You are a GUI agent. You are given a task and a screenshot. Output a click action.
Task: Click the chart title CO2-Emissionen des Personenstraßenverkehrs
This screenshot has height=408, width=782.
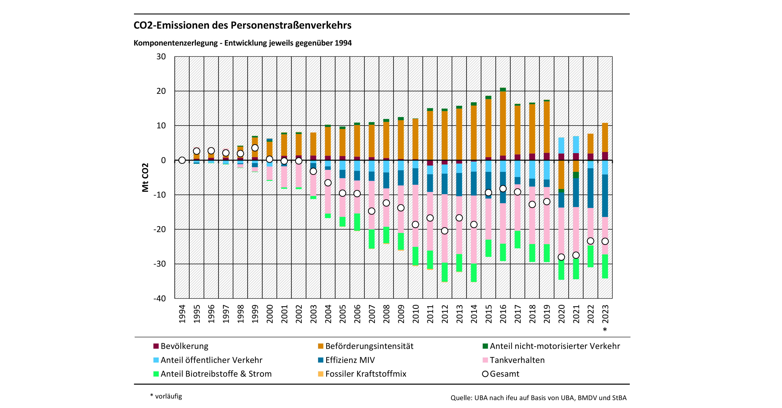point(242,25)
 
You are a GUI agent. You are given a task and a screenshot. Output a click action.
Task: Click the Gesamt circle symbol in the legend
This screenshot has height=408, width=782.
point(485,374)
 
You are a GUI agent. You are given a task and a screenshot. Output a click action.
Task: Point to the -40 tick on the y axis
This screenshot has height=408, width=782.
point(160,298)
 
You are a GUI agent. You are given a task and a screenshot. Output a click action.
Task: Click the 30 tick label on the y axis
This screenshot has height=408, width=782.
point(161,57)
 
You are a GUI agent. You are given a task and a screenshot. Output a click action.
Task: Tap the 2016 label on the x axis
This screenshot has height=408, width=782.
point(503,314)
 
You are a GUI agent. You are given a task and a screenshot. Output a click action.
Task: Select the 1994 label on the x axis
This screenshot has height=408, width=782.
point(182,314)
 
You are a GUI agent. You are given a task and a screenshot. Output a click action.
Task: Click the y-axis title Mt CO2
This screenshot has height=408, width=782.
point(145,177)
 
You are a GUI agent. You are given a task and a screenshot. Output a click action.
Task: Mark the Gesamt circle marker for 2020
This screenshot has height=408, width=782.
point(561,257)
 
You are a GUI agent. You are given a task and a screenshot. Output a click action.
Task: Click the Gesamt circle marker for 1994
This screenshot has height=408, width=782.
point(182,160)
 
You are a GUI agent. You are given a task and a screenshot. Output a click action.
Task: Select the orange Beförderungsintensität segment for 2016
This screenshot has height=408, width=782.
point(503,123)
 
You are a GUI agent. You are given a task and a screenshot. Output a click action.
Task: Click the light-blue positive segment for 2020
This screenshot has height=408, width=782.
point(561,146)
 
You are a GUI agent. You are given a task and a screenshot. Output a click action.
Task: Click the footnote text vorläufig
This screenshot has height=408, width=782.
point(169,396)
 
